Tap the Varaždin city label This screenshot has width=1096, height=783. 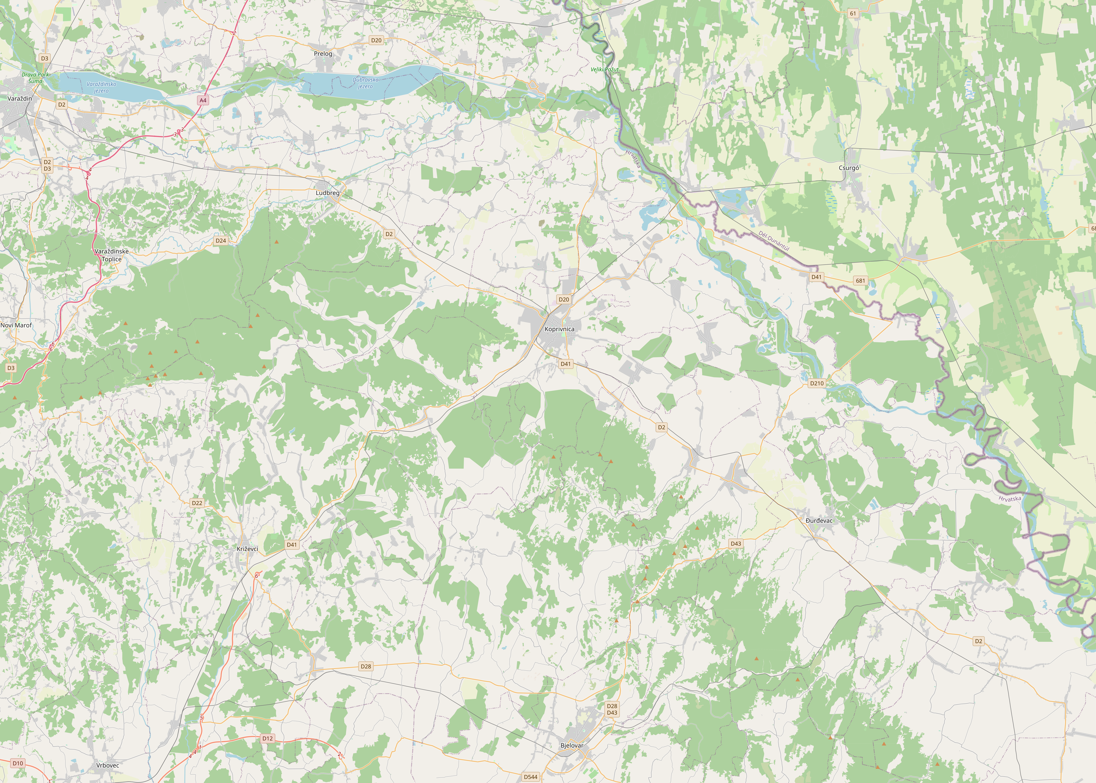(x=20, y=98)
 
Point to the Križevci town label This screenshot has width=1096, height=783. (x=247, y=549)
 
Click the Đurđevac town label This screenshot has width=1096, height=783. (x=819, y=521)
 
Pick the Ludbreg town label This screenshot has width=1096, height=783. (x=327, y=193)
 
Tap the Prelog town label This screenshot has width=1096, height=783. (x=323, y=54)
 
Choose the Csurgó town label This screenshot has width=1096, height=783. (x=849, y=168)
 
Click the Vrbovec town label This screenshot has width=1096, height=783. (x=108, y=765)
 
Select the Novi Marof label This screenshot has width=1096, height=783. (x=16, y=325)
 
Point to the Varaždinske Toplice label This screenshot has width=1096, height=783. (x=111, y=255)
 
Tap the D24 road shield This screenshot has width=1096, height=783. (x=221, y=241)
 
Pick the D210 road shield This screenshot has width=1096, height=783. (x=817, y=383)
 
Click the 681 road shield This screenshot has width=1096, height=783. (x=860, y=281)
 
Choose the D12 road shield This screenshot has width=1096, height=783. (x=268, y=738)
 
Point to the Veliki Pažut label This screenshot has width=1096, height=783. (x=604, y=69)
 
